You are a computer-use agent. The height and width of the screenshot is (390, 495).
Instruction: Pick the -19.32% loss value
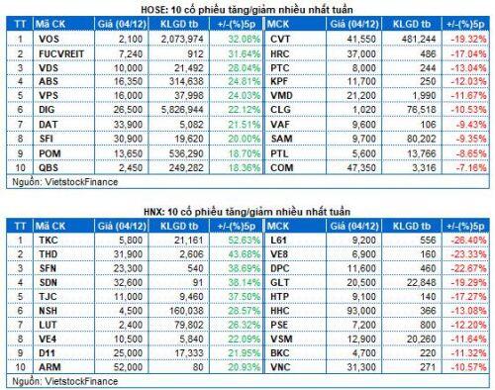point(465,36)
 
